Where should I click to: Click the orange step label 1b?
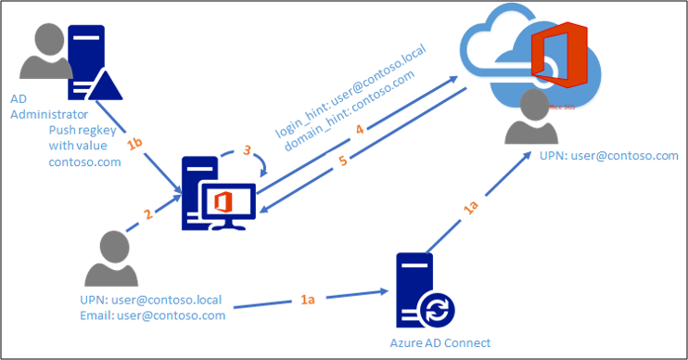[136, 146]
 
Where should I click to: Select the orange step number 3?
[247, 149]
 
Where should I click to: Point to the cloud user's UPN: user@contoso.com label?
[608, 156]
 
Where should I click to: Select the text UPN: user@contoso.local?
[151, 299]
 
